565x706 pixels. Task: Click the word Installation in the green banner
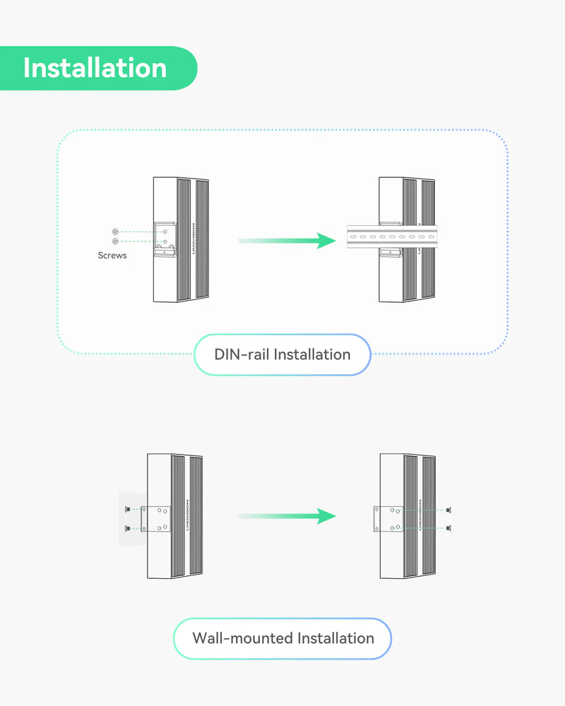95,68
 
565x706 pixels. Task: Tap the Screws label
112,255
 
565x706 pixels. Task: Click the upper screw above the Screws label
115,232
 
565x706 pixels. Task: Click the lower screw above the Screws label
115,241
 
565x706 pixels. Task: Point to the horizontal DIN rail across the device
392,237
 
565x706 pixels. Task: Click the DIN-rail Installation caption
282,354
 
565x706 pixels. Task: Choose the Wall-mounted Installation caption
282,638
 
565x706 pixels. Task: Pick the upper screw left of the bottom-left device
127,510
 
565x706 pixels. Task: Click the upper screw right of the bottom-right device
449,510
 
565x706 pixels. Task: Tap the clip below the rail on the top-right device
390,253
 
